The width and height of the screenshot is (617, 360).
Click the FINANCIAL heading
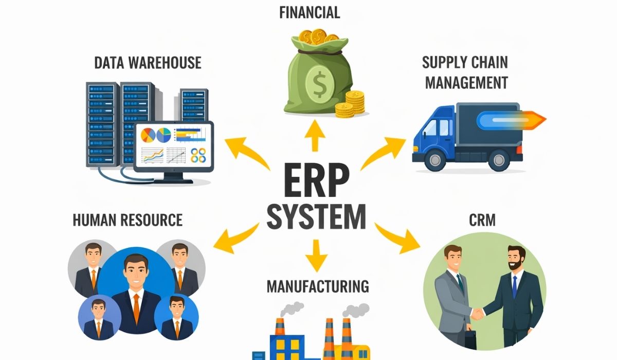[x=310, y=13]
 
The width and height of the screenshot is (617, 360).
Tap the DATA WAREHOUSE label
[x=148, y=63]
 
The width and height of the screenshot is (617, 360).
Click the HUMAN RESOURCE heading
[x=128, y=220]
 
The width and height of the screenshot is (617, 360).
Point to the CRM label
[x=482, y=220]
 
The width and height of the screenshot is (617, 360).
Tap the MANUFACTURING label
[x=318, y=286]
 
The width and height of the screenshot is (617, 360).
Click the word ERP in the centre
[x=317, y=181]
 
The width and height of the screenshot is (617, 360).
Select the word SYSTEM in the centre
[x=317, y=217]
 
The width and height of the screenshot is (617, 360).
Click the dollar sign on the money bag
[x=319, y=84]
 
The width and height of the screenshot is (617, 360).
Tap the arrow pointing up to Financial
[x=315, y=136]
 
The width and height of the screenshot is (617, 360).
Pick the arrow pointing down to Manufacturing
[x=316, y=256]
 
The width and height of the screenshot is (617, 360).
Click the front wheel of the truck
[x=435, y=159]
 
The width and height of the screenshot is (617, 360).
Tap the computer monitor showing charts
[x=174, y=152]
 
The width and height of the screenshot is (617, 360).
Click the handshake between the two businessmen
[x=477, y=314]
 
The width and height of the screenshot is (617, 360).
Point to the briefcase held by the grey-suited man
[x=470, y=339]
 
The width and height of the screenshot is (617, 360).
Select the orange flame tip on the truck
[x=535, y=120]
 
